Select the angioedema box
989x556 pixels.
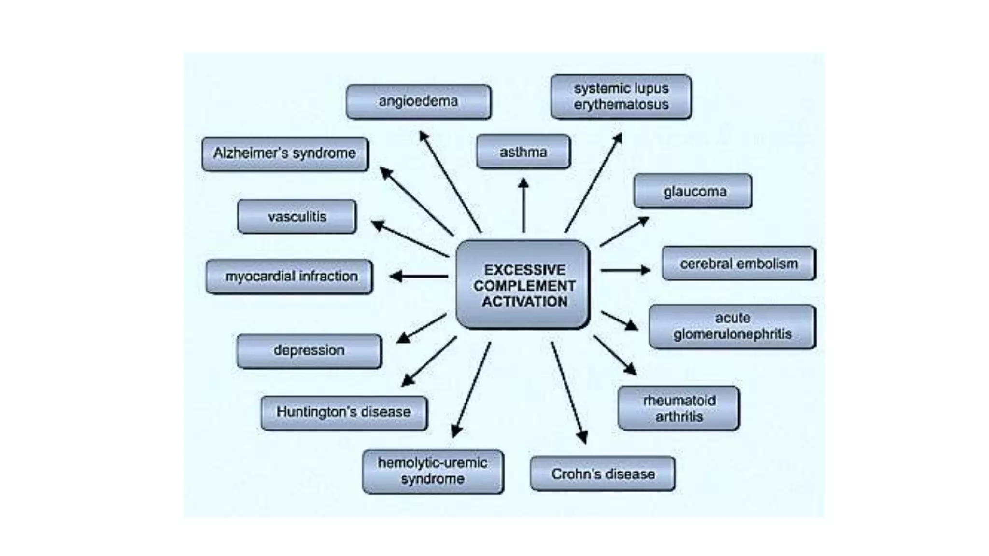418,101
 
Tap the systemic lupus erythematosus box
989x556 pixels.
621,97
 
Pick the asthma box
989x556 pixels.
523,152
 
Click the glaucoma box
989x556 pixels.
693,192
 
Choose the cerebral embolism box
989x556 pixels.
738,264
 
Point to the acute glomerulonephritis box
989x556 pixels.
732,326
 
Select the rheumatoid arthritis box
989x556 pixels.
678,408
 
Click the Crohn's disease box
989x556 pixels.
603,474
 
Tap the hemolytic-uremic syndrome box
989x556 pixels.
433,471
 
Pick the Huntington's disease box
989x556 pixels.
344,412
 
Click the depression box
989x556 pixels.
309,350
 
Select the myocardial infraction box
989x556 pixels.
290,277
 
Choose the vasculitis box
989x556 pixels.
297,217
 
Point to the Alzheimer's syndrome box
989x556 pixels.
285,153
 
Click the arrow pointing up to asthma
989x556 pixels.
523,205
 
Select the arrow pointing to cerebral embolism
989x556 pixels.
625,270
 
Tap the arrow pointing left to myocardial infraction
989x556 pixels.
419,276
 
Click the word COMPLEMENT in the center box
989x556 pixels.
524,286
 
